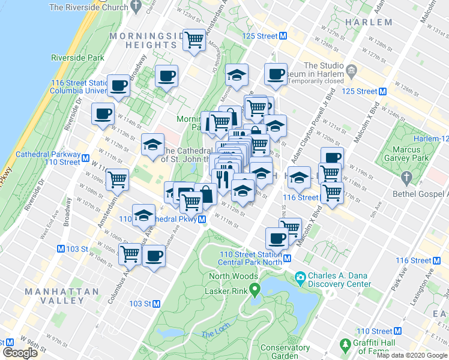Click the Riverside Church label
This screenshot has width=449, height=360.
point(89,7)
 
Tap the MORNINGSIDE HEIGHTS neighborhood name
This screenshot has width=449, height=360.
point(147,40)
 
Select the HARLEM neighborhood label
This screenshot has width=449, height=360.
point(369,22)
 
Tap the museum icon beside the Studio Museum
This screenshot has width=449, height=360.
point(352,71)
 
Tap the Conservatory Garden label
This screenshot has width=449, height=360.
point(285,352)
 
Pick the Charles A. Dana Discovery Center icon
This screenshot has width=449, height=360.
point(300,277)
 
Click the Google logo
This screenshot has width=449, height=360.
point(20,353)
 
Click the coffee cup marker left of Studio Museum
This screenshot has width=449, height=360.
point(276,74)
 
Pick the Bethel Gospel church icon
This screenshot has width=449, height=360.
point(406,178)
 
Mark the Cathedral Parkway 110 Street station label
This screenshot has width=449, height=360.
point(48,158)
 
